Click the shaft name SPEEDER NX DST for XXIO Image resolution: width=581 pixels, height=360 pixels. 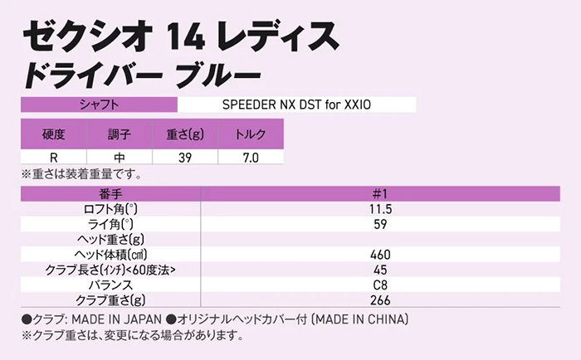coord(295,105)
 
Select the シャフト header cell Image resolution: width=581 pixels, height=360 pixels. coord(98,105)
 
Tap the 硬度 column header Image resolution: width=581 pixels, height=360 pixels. coord(53,134)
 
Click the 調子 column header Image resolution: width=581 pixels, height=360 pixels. coord(119,134)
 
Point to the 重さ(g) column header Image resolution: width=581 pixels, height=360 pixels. coord(183,134)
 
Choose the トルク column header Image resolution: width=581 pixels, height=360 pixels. coord(250,134)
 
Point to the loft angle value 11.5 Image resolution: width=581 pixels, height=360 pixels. coord(382,210)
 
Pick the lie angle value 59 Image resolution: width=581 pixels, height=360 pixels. coord(382,225)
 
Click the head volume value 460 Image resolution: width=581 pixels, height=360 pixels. coord(382,255)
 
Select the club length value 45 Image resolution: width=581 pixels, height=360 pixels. coord(382,270)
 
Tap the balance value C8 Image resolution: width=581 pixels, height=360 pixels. coord(382,285)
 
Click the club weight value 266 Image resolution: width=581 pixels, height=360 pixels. coord(382,299)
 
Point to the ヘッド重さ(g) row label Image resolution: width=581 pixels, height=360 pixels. coord(110,240)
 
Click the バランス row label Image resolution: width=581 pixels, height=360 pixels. coord(110,285)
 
